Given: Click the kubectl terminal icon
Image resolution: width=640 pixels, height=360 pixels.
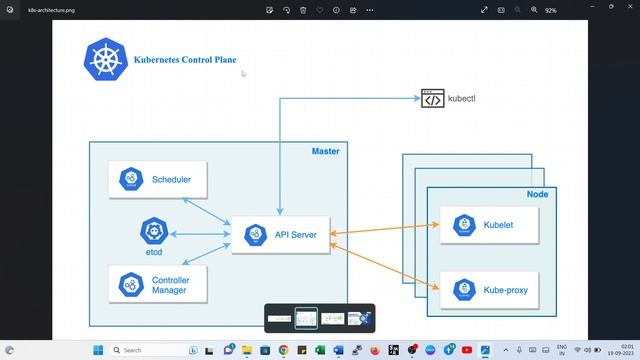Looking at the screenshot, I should tap(432, 99).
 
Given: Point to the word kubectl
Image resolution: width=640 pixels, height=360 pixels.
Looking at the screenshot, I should tap(462, 99).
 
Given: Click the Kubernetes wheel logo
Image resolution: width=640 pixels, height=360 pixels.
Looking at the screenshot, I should tap(104, 60).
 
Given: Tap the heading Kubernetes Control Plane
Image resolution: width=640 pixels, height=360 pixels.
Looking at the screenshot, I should tap(185, 60).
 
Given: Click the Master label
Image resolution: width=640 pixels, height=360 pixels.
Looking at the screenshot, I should tap(325, 151).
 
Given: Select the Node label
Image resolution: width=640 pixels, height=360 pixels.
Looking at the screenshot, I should tap(537, 194).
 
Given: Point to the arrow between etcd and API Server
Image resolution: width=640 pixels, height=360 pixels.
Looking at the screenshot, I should tap(199, 234).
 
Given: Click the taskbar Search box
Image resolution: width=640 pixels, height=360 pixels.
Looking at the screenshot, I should tap(150, 350).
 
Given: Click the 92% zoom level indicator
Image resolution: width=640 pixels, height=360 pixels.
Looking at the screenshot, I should tap(550, 9).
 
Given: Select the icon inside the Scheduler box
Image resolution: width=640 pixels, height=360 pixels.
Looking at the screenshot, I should tap(130, 180).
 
